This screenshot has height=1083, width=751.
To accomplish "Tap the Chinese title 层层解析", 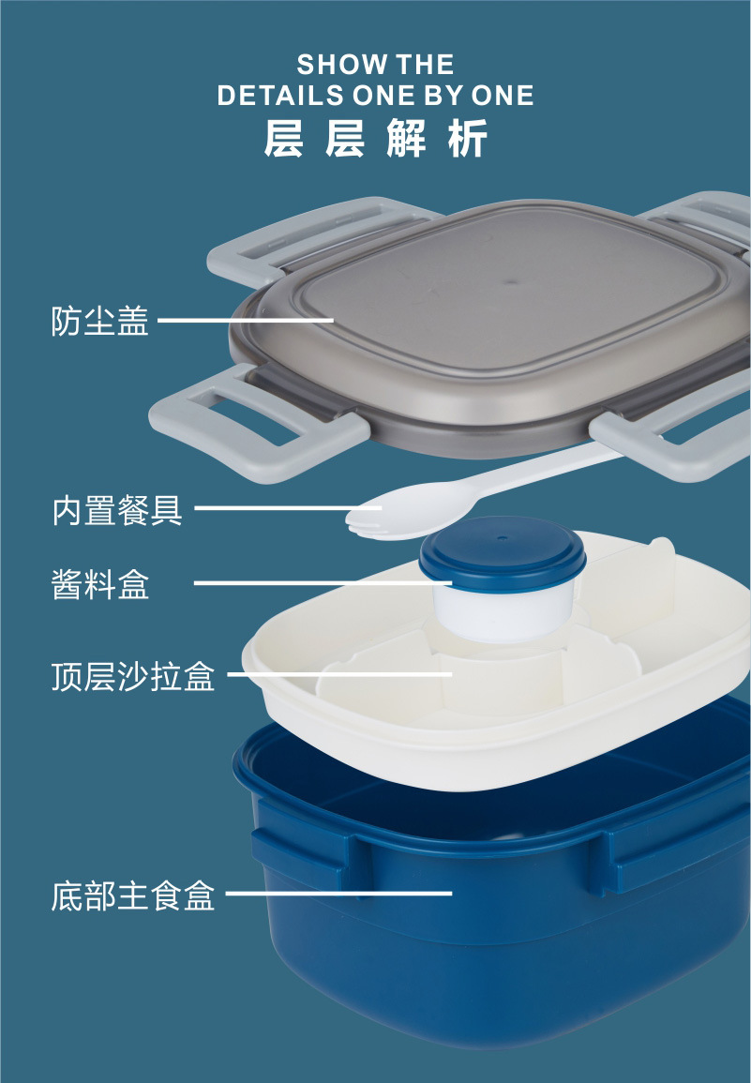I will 375,139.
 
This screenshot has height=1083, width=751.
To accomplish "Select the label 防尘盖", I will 99,321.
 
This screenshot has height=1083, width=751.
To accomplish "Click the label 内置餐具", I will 116,511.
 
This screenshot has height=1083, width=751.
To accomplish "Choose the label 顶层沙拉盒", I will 133,675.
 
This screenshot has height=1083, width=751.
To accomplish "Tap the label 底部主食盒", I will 133,895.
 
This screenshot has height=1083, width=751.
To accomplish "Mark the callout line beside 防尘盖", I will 246,321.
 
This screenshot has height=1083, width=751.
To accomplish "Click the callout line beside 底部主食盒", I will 338,894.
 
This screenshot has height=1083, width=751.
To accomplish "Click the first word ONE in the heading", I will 389,96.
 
